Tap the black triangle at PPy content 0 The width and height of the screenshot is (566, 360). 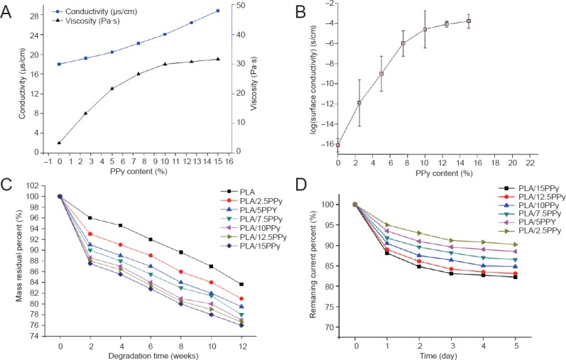[x=60, y=143]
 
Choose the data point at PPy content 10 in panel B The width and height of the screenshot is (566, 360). [x=425, y=29]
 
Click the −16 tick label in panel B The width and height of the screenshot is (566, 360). [x=324, y=144]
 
